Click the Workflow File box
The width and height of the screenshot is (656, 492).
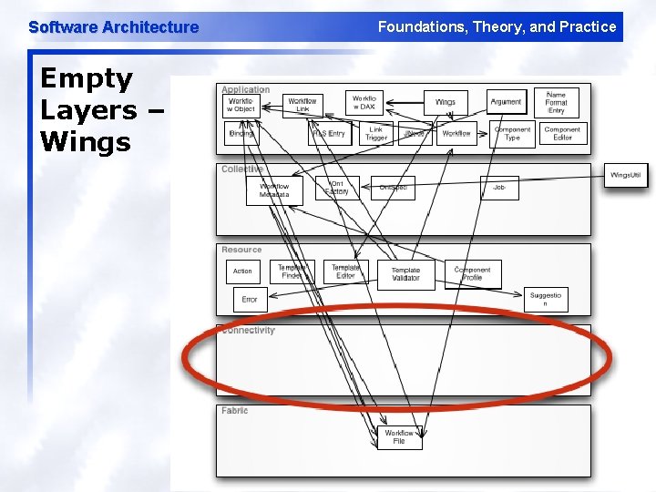point(399,437)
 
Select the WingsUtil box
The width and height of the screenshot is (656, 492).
point(627,175)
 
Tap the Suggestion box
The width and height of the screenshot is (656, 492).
point(546,299)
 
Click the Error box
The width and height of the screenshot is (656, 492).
point(250,299)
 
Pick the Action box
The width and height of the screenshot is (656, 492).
point(242,271)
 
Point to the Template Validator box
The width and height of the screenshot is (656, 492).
point(405,274)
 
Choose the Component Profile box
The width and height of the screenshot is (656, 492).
point(472,273)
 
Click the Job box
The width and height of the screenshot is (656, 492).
point(498,188)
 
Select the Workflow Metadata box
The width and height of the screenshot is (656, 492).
point(273,190)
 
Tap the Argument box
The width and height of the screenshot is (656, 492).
point(506,103)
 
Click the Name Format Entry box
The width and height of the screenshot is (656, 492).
point(556,102)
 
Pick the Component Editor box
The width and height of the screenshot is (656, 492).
point(562,134)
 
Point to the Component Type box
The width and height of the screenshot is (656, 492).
point(512,134)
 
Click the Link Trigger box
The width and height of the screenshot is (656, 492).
point(375,134)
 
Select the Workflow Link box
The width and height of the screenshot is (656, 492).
point(302,106)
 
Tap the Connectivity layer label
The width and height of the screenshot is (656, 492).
point(248,331)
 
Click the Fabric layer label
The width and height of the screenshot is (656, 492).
point(234,411)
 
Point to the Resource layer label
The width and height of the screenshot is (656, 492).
point(241,250)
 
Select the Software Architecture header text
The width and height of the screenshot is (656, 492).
point(113,27)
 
